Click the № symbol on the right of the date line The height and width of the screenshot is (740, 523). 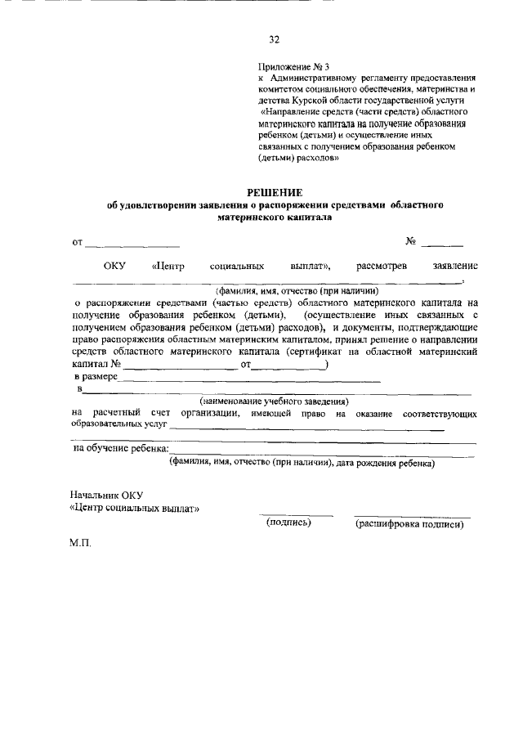point(412,241)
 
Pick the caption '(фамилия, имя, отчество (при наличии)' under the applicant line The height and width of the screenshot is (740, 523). point(297,290)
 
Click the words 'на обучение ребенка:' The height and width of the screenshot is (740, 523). point(121,449)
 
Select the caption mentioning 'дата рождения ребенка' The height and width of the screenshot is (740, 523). point(301,462)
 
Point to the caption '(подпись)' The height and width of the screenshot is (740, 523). point(289,523)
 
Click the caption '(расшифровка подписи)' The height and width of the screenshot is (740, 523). point(409,524)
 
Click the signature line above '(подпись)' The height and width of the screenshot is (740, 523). point(296,515)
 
